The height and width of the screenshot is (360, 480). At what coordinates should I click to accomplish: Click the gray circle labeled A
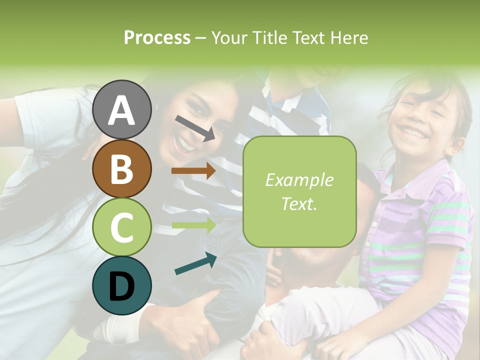click(x=122, y=109)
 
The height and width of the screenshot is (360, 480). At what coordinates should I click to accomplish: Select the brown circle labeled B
click(x=122, y=168)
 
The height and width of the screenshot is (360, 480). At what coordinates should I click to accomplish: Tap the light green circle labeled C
click(x=122, y=227)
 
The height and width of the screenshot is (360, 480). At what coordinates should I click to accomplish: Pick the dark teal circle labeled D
click(x=122, y=285)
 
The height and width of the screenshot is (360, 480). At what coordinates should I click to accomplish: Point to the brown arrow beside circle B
click(x=193, y=171)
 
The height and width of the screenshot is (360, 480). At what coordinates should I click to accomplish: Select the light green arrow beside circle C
click(x=194, y=224)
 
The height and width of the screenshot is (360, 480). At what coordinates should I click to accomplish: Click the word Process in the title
click(x=157, y=38)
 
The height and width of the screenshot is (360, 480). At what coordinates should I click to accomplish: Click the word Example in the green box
click(x=299, y=180)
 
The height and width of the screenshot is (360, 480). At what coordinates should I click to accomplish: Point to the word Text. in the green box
click(x=299, y=203)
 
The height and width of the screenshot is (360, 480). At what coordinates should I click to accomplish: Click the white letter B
click(x=122, y=169)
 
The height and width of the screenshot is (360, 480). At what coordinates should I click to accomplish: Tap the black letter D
click(x=122, y=286)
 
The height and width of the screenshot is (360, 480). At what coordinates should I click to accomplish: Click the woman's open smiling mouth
click(x=184, y=145)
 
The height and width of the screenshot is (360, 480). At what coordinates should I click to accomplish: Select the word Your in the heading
click(x=230, y=38)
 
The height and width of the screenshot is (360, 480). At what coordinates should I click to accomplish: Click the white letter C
click(x=122, y=227)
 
